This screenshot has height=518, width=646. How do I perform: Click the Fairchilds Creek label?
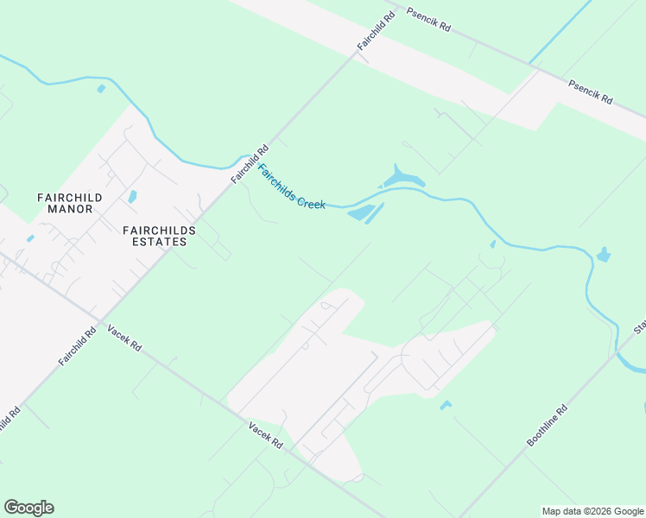click(x=292, y=187)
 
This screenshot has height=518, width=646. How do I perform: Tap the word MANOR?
click(x=70, y=209)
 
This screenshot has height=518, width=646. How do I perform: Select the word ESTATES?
click(x=155, y=242)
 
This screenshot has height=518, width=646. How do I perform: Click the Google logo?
click(x=28, y=508)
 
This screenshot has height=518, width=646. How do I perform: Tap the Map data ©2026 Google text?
click(x=592, y=511)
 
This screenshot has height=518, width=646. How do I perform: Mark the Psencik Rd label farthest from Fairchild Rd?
click(x=590, y=92)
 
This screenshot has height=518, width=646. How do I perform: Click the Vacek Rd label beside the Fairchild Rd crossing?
click(x=124, y=337)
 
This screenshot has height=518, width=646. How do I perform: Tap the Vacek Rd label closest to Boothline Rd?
click(x=266, y=434)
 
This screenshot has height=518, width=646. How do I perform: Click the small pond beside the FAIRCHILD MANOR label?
click(x=133, y=197)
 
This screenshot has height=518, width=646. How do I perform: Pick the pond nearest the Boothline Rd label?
click(x=446, y=405)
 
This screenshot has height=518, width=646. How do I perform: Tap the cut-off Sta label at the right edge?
click(x=640, y=326)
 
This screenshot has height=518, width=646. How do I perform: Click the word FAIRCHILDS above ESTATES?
click(x=159, y=231)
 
